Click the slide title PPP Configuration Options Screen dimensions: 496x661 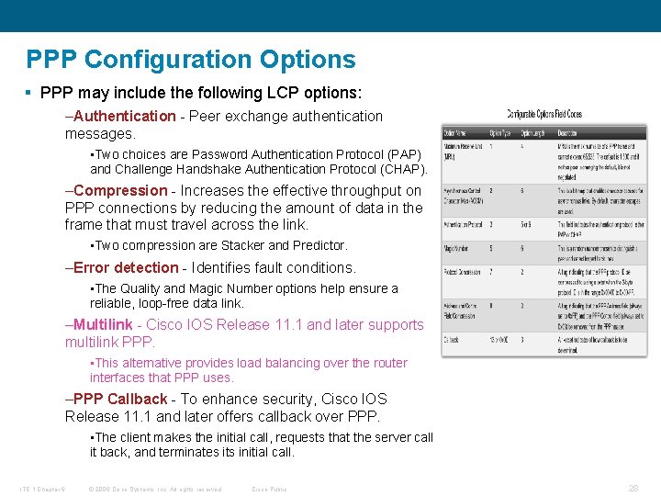pos(191,60)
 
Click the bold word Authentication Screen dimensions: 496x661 pos(124,116)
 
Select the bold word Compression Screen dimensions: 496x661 pos(120,191)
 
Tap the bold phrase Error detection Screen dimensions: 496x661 pos(126,268)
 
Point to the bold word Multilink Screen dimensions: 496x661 pos(103,325)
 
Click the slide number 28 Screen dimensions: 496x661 pos(633,489)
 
